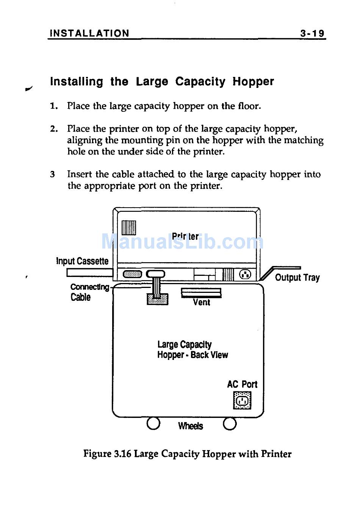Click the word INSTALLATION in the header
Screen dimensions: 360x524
[89, 33]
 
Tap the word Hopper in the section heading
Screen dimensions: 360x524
[253, 81]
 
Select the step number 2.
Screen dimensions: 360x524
[54, 129]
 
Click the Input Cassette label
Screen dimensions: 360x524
[82, 261]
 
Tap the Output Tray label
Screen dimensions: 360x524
[297, 277]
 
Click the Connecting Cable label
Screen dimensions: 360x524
[89, 292]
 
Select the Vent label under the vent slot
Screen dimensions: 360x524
[201, 302]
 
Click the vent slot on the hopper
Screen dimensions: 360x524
[201, 293]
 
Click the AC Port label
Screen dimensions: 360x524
[242, 384]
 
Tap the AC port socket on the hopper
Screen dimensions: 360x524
[242, 400]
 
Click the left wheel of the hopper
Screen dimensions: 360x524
[153, 424]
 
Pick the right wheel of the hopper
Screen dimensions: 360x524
[230, 424]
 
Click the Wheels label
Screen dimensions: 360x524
[190, 426]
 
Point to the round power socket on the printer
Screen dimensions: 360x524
[245, 274]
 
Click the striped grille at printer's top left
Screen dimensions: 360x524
[129, 227]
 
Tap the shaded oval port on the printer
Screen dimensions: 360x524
[132, 274]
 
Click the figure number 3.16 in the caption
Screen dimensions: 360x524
[122, 454]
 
